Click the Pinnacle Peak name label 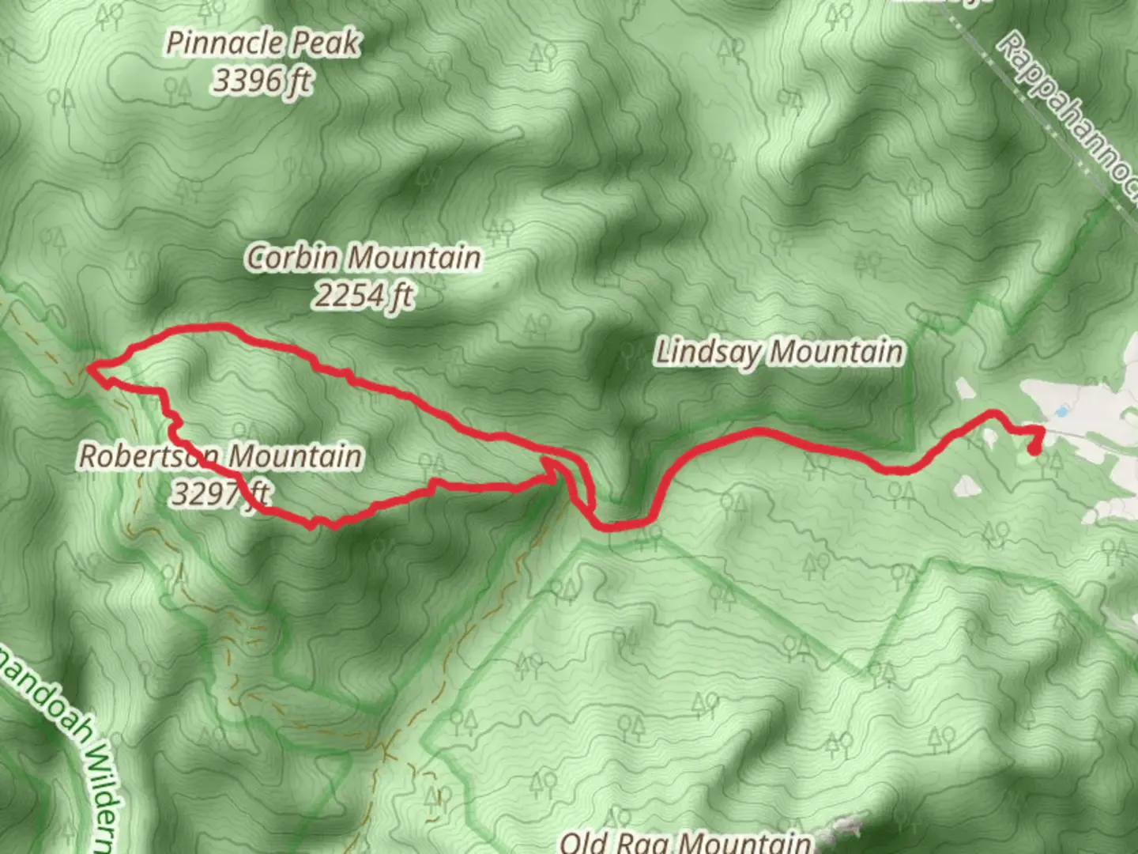[x=262, y=43]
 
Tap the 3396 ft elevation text [x=262, y=81]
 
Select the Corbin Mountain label [x=363, y=258]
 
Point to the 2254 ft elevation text [x=363, y=296]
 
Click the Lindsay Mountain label [x=778, y=352]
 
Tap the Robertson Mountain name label [x=220, y=456]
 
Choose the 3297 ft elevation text [x=220, y=494]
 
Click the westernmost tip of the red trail [x=90, y=368]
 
